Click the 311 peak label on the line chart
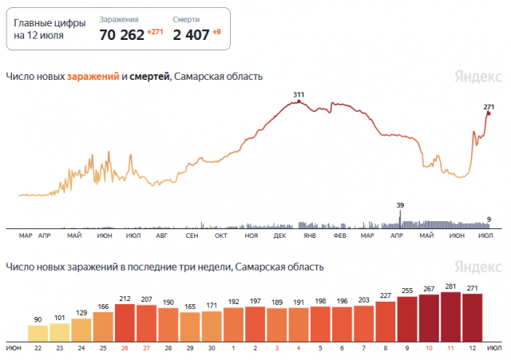point(299,95)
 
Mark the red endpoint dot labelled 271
point(488,113)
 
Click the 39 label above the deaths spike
point(401,205)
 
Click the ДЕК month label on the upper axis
point(279,236)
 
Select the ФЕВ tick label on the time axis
point(339,236)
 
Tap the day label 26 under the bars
point(125,349)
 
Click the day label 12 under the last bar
point(473,349)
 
